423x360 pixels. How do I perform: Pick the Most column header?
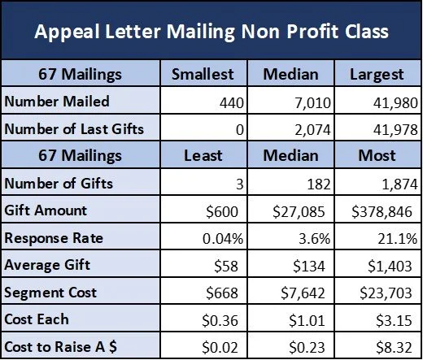pos(376,154)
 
